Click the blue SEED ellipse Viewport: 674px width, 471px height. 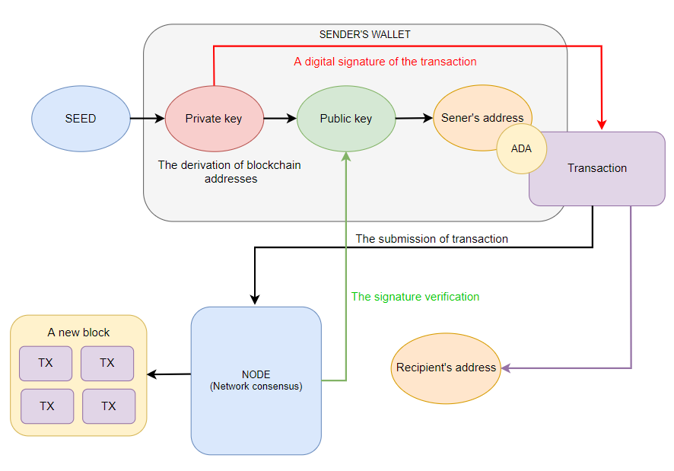tap(81, 119)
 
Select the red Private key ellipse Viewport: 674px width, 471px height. tap(214, 119)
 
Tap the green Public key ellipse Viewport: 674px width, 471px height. tap(346, 119)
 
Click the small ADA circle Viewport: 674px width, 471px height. tap(521, 149)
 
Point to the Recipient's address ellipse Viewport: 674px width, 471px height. tap(446, 368)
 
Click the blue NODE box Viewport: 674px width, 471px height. tap(256, 380)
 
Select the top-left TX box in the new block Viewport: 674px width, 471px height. tap(46, 363)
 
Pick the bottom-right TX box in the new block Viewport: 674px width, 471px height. tap(109, 406)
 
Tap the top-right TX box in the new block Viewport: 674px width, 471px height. tap(107, 363)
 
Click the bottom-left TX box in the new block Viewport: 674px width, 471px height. tap(47, 406)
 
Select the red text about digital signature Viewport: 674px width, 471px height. tap(385, 62)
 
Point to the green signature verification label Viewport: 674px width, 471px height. tap(415, 297)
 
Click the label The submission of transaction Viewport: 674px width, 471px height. tap(431, 239)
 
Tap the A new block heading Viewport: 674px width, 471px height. tap(78, 333)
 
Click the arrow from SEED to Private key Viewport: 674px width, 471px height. tap(147, 119)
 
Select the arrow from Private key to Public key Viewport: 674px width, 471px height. tap(280, 119)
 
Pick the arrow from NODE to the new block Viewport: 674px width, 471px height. tap(169, 374)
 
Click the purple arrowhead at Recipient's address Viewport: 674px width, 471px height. tap(505, 368)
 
